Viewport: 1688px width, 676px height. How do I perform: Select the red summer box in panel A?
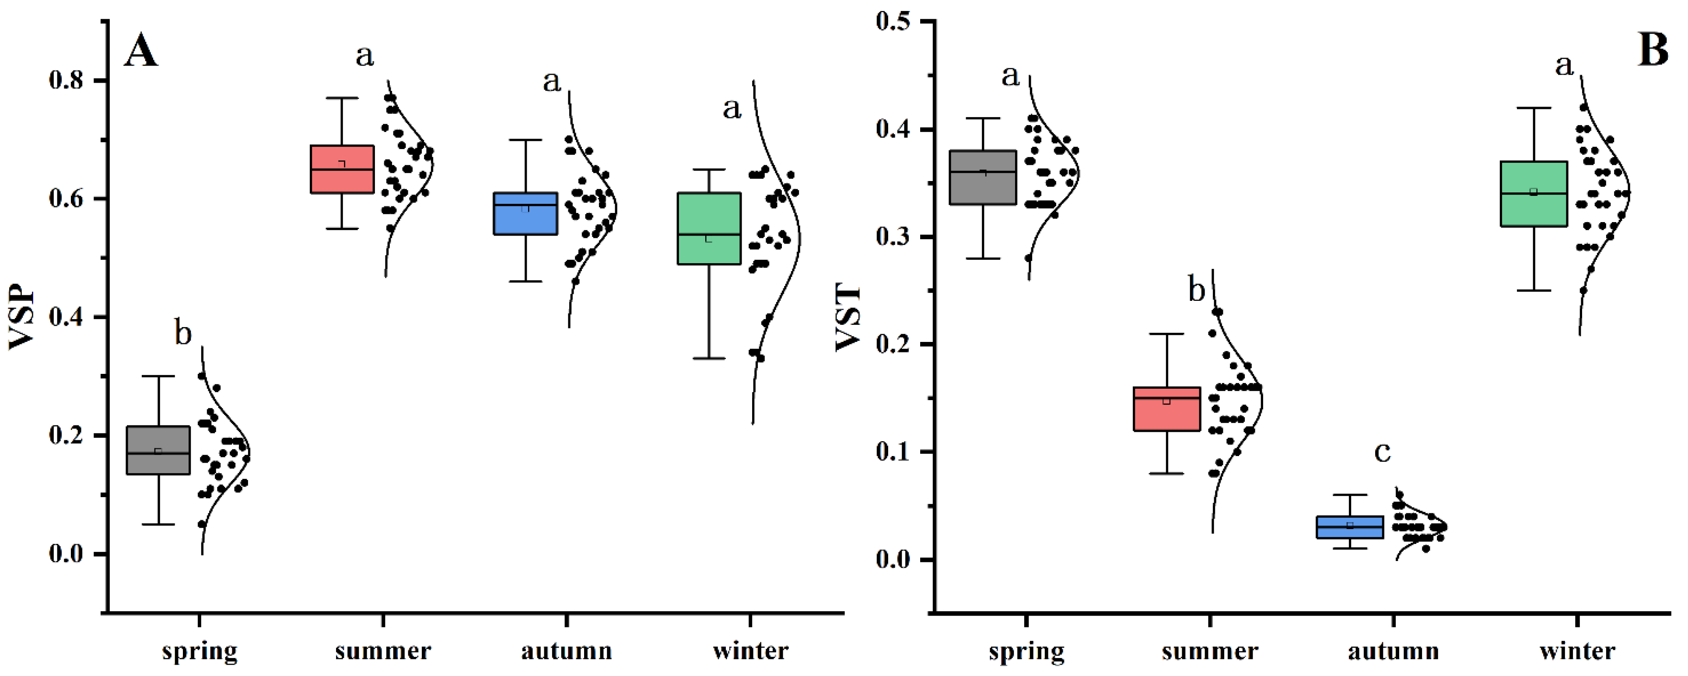pos(341,169)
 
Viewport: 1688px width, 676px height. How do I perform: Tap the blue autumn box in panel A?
pos(525,213)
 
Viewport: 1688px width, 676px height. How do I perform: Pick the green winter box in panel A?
pos(708,229)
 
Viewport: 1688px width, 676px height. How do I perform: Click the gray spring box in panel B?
pos(983,178)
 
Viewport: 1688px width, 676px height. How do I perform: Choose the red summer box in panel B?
pos(1167,409)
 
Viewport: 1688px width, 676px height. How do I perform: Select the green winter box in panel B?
pos(1534,194)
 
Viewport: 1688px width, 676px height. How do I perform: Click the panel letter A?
pos(141,51)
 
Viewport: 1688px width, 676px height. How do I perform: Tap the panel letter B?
pos(1653,50)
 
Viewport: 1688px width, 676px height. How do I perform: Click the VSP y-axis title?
pos(21,317)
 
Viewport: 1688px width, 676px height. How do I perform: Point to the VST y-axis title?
pos(848,317)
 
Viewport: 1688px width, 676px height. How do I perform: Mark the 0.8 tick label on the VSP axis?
pos(66,80)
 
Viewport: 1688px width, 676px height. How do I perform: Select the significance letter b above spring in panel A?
pos(183,333)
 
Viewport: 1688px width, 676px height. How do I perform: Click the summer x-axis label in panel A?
pos(383,651)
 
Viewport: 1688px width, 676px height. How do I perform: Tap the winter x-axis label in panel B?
pos(1577,651)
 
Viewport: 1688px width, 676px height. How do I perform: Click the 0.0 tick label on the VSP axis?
pos(66,554)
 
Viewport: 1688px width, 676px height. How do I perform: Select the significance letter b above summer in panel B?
pos(1197,290)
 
